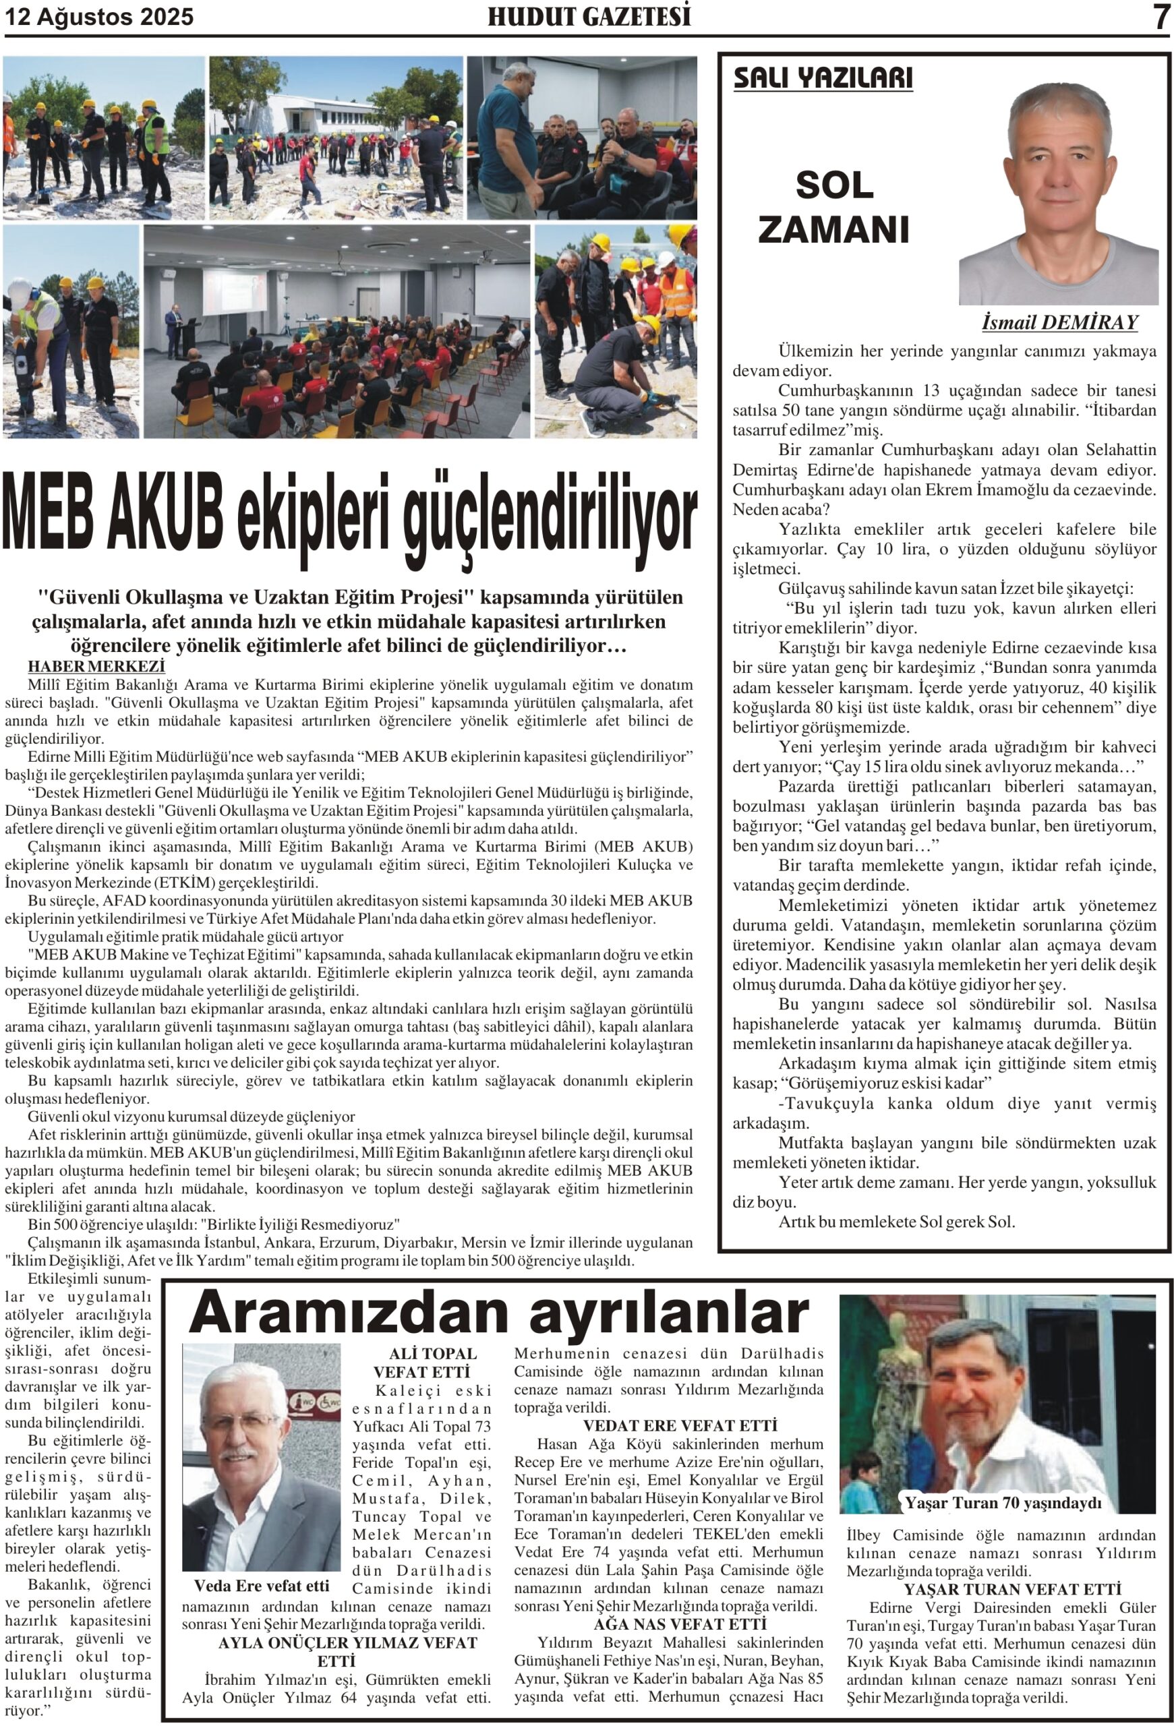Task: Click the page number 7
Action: pyautogui.click(x=1161, y=17)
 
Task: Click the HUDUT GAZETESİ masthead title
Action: pyautogui.click(x=588, y=16)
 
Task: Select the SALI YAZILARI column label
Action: pyautogui.click(x=822, y=78)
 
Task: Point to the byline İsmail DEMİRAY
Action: pyautogui.click(x=1059, y=322)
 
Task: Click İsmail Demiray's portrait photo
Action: pyautogui.click(x=1057, y=193)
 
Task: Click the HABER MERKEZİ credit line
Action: pyautogui.click(x=96, y=666)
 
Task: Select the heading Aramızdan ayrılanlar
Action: pyautogui.click(x=498, y=1312)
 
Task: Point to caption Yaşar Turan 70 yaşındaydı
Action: pyautogui.click(x=1002, y=1502)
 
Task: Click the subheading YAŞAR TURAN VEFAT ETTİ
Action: pyautogui.click(x=1011, y=1589)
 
